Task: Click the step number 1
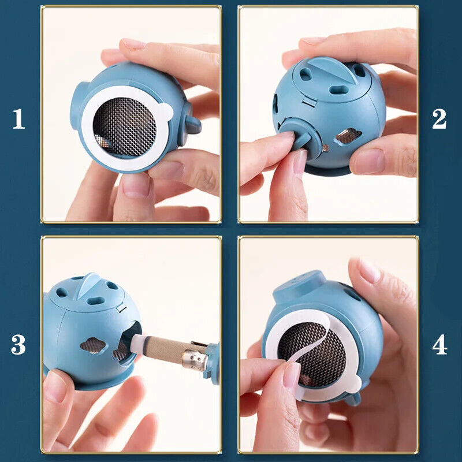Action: [x=19, y=119]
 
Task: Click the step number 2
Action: [x=439, y=119]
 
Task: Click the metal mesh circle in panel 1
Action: [x=124, y=126]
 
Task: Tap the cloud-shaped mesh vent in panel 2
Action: [x=349, y=136]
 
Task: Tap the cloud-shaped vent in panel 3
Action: [x=92, y=345]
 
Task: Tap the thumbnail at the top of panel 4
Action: [x=369, y=270]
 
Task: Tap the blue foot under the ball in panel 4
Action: [x=352, y=398]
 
